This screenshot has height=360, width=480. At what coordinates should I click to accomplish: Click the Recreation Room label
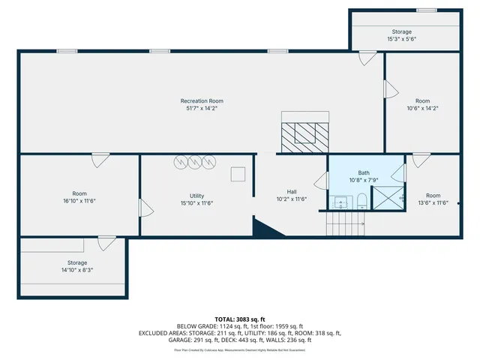pos(202,101)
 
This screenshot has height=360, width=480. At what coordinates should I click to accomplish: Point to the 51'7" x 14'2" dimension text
pos(202,109)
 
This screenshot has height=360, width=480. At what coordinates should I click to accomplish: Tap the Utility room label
pos(197,196)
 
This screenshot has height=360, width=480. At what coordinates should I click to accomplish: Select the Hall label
pos(292,191)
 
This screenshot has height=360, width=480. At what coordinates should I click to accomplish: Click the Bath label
pos(364,172)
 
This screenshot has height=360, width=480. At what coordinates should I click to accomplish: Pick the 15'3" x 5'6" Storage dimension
pos(401,39)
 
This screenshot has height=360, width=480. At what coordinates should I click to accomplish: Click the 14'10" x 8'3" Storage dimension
pos(77,270)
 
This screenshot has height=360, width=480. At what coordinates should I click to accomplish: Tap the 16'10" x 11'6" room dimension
pos(79,201)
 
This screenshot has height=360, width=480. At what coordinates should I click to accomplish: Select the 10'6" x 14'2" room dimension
pos(422,108)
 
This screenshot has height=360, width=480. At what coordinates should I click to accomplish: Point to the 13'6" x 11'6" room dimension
pos(432,202)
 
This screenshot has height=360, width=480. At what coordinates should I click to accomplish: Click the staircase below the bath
pos(344,223)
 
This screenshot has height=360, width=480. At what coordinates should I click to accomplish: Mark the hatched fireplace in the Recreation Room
pos(305,133)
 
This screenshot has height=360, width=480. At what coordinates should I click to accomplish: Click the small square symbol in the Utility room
pos(238,174)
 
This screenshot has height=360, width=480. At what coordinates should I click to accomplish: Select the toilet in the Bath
pos(361,200)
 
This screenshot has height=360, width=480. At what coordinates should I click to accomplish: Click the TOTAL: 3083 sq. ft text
pos(240,319)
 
